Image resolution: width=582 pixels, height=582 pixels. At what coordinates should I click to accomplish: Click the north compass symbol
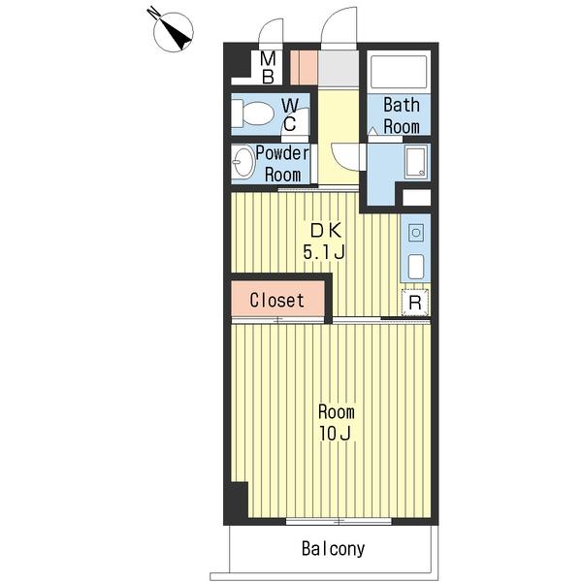coord(173,31)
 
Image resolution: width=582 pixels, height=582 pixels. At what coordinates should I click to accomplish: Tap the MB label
coord(268,68)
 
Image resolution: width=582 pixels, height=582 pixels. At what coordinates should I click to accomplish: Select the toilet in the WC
coord(252,113)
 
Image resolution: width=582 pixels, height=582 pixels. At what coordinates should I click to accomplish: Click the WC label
coord(289,114)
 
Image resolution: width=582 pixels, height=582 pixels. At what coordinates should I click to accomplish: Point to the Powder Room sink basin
coord(243,163)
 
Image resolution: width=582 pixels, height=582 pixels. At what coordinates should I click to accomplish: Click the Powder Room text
coord(282,164)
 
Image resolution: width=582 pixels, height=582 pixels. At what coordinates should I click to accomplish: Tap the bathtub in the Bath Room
coord(399,72)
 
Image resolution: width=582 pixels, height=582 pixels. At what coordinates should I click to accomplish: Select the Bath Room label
coord(402,115)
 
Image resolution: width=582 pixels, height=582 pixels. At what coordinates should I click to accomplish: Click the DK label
coord(326,231)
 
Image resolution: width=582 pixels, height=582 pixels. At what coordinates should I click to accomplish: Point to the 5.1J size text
coord(324,252)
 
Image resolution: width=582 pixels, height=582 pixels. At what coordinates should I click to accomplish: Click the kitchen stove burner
coord(416,233)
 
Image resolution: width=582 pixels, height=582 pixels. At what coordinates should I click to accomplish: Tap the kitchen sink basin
coord(416,267)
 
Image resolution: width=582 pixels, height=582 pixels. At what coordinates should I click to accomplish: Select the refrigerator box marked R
coord(415,303)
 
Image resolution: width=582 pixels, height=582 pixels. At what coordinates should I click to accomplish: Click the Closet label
coord(276,300)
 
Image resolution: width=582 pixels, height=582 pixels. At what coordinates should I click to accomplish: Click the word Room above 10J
coord(337,411)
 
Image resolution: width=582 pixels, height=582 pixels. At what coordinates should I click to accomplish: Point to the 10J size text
coord(336,434)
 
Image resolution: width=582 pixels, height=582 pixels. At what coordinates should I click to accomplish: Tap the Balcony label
coord(334,549)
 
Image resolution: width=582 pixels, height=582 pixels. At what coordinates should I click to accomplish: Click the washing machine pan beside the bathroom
coord(416,162)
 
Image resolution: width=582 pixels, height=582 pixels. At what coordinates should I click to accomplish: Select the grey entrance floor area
coord(339,69)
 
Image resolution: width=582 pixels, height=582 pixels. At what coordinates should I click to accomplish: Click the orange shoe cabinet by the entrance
coord(304,67)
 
